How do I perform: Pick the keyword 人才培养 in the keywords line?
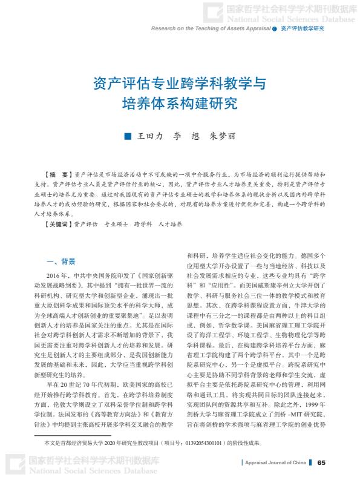pyautogui.click(x=170, y=225)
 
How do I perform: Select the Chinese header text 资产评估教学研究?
pyautogui.click(x=303, y=28)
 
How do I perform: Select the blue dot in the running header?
pyautogui.click(x=274, y=28)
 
